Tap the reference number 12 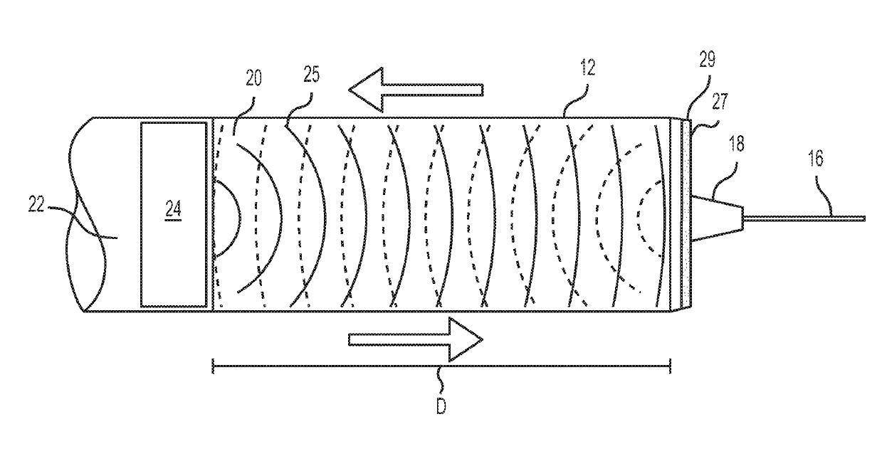click(x=587, y=68)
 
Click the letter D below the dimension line click(x=441, y=411)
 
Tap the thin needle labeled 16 click(x=804, y=218)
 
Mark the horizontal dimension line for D click(x=441, y=366)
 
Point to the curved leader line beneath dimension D click(x=441, y=383)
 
